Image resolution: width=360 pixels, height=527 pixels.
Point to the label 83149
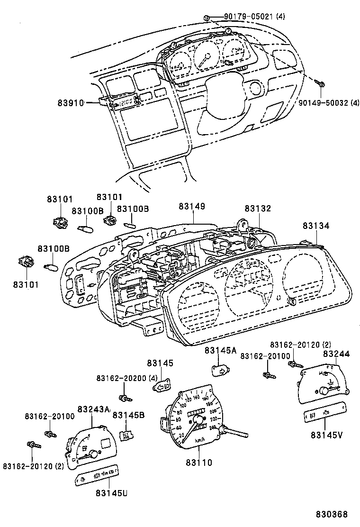coord(192,207)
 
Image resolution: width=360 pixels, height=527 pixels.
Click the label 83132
coord(258,209)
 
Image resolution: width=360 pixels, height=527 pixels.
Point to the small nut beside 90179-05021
coord(207,18)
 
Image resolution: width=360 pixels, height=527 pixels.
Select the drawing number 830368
coord(333,514)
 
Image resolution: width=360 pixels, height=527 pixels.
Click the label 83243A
coord(93,409)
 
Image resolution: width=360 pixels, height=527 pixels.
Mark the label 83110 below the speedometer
coord(199,462)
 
